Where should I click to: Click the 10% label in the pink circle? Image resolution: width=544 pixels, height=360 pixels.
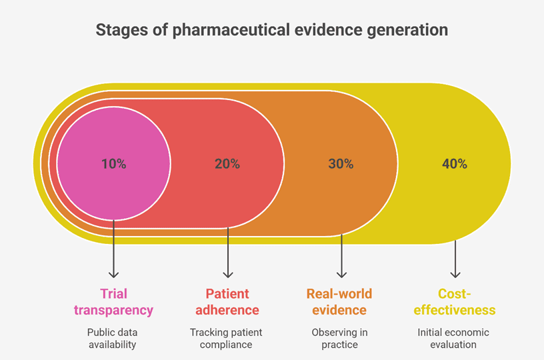(114, 164)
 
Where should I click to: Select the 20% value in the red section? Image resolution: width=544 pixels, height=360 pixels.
(227, 164)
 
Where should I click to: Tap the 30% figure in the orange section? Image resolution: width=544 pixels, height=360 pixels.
(341, 164)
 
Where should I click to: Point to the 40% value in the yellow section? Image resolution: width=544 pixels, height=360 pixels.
(455, 164)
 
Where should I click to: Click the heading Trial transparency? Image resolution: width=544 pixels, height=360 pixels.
(113, 302)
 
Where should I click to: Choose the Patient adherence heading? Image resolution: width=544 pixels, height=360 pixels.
(227, 302)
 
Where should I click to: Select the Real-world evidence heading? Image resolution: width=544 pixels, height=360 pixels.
(339, 302)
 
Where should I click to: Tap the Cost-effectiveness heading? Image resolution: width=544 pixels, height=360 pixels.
(455, 302)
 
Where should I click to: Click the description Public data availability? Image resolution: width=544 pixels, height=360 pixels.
(113, 339)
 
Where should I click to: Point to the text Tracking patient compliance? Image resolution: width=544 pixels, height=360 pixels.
(226, 339)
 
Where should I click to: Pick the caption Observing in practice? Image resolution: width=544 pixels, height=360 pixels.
(339, 339)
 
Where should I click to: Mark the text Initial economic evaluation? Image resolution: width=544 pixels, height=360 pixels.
(453, 339)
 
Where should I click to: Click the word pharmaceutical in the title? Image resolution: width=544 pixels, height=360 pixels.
(231, 30)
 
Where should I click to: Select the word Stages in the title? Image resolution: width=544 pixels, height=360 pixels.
(122, 30)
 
